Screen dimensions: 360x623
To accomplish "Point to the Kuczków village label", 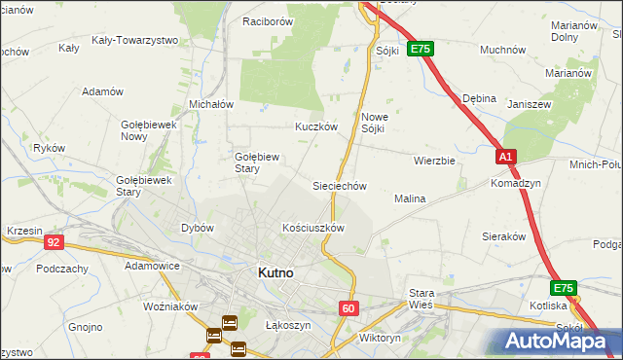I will tap(316, 127).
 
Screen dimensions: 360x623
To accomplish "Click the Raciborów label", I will tap(269, 21).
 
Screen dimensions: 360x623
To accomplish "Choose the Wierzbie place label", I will tap(434, 161).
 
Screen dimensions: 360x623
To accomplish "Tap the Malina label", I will tap(410, 198).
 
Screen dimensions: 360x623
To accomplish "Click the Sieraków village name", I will tap(504, 236).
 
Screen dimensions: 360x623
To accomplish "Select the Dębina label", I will tap(480, 98).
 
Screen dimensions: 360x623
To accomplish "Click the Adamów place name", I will tap(103, 91).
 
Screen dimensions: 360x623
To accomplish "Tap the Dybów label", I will tap(198, 228).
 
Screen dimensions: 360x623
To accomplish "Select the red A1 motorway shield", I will tap(504, 156).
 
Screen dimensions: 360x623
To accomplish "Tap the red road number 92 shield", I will tap(55, 242).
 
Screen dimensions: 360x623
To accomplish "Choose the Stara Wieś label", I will tap(421, 298).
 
